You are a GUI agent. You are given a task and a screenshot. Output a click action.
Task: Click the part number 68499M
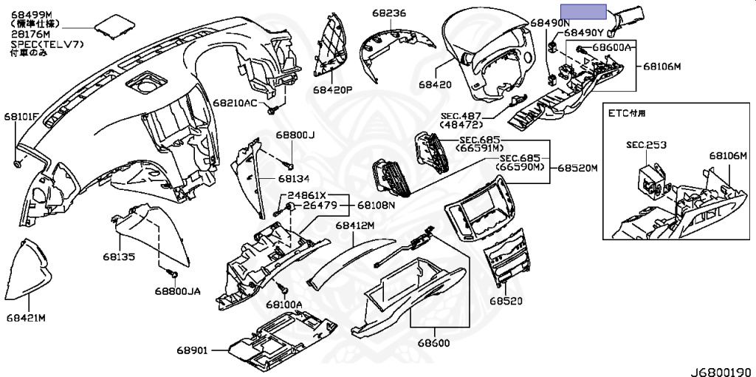(31, 15)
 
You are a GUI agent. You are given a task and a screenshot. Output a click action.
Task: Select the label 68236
(389, 13)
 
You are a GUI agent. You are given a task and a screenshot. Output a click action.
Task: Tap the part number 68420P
(332, 90)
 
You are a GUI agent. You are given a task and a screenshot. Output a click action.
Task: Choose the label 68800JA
(177, 291)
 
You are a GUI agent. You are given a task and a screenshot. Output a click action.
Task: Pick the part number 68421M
(26, 318)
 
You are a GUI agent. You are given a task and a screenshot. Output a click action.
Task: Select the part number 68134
(294, 179)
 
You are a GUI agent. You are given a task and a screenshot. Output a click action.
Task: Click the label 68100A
(284, 305)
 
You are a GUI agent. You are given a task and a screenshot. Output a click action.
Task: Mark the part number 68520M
(577, 169)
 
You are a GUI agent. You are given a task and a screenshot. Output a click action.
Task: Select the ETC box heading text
(626, 113)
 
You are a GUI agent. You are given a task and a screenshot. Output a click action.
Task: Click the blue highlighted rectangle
(583, 11)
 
